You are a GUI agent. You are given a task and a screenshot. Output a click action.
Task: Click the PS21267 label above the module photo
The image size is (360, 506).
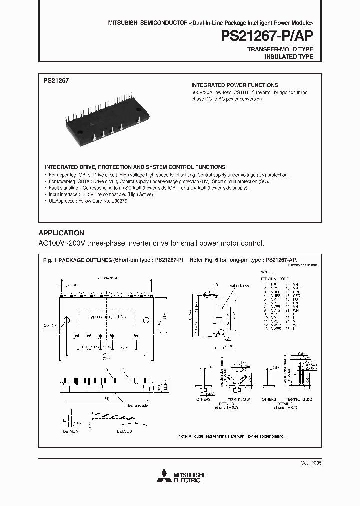pyautogui.click(x=56, y=79)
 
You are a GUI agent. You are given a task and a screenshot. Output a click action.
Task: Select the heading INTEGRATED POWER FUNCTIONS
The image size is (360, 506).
pyautogui.click(x=235, y=85)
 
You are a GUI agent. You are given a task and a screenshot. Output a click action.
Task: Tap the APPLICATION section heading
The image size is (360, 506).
pyautogui.click(x=61, y=233)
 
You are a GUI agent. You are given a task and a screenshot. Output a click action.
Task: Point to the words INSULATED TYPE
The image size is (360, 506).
pyautogui.click(x=288, y=57)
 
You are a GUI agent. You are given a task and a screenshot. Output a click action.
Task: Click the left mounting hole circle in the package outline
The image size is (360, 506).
pyautogui.click(x=66, y=320)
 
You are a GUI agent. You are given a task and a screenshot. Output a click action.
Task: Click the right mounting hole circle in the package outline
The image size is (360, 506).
pyautogui.click(x=147, y=320)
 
